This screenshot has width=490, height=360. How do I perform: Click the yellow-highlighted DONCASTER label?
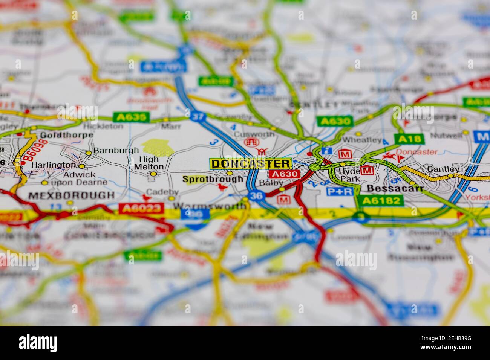(251, 163)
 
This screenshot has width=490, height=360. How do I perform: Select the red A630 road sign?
(285, 174)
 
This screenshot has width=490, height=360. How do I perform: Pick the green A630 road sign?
(335, 121)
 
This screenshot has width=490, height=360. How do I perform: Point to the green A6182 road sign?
(380, 201)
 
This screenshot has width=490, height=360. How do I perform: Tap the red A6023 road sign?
(141, 208)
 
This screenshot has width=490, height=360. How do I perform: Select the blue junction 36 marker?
(256, 196)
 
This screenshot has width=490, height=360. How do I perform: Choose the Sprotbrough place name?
(213, 179)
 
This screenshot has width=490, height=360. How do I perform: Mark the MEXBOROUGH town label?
(71, 195)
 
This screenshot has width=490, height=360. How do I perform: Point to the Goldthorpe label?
(66, 135)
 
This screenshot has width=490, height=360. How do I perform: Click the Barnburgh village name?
(116, 150)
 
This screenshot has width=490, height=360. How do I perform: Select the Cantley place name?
(443, 169)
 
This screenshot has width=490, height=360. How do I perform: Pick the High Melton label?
(149, 163)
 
